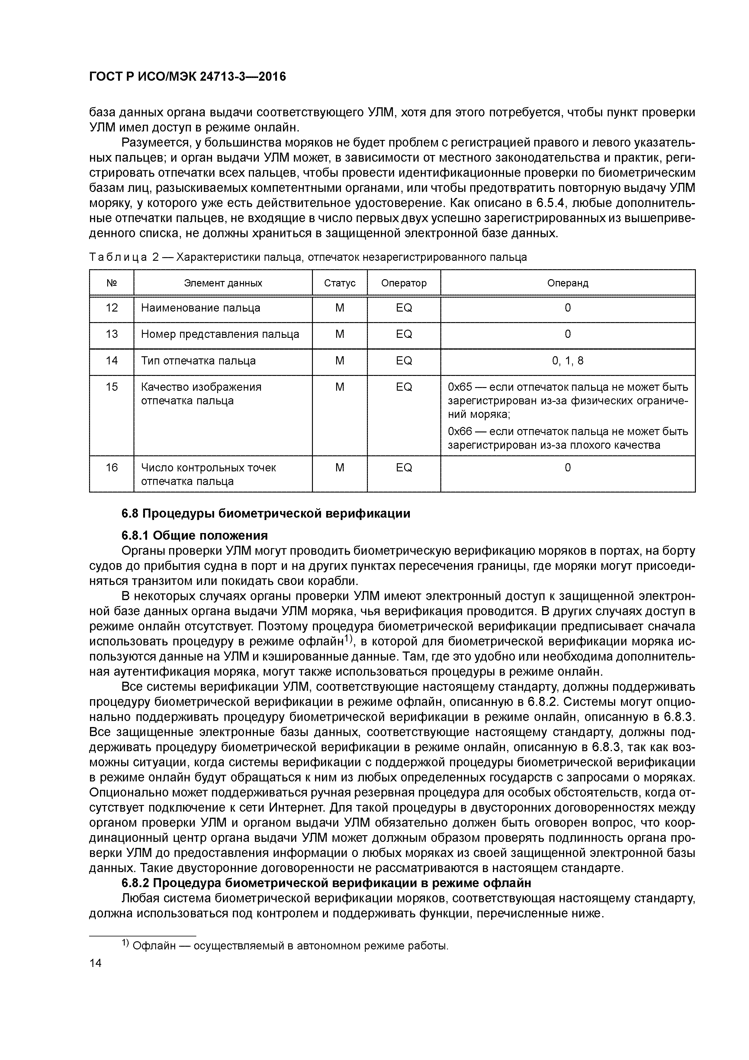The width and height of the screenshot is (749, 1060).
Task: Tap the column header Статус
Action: tap(340, 283)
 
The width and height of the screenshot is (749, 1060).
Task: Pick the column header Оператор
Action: tap(404, 283)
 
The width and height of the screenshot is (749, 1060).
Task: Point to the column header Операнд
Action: tap(567, 283)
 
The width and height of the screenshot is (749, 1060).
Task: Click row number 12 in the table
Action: tap(112, 308)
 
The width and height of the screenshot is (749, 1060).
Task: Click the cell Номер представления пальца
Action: tap(220, 334)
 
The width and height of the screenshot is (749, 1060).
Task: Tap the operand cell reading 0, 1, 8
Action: tap(567, 360)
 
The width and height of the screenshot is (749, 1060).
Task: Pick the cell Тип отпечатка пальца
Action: tap(198, 360)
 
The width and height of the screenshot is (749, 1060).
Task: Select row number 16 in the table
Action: tap(112, 468)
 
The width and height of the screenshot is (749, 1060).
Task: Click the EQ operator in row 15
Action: tap(404, 387)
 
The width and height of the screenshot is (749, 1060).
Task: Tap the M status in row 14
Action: tap(340, 360)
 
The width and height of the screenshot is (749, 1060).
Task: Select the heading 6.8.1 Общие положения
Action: tap(194, 535)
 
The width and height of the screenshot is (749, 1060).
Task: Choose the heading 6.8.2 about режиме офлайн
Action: tap(326, 883)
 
